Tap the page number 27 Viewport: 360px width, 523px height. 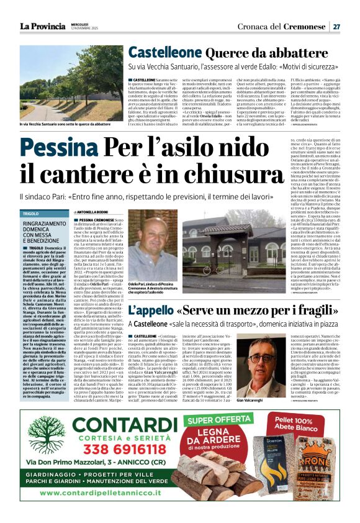coord(336,27)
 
